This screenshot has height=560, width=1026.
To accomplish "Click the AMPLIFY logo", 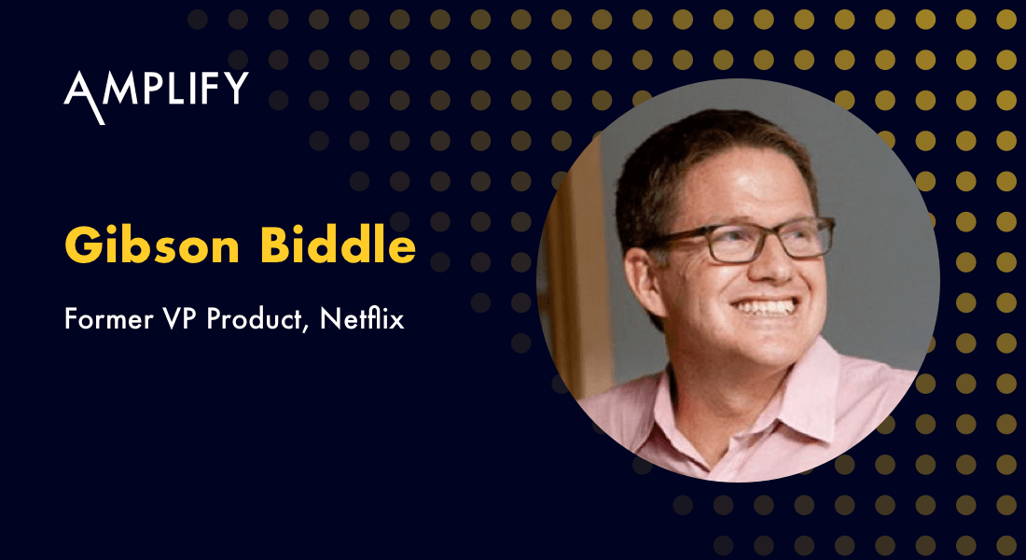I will pos(156,91).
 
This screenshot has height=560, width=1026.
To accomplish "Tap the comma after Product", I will pos(310,329).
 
